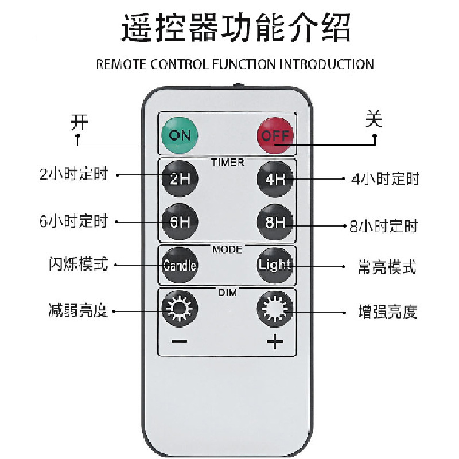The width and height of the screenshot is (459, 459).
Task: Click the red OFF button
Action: pyautogui.click(x=275, y=135)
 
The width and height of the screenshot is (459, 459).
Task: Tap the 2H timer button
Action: pyautogui.click(x=179, y=178)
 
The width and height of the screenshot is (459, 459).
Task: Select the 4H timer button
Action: pyautogui.click(x=275, y=178)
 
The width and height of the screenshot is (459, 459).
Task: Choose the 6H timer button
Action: pyautogui.click(x=179, y=221)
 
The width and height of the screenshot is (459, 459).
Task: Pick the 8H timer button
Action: pyautogui.click(x=275, y=221)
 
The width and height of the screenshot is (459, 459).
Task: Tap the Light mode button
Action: pyautogui.click(x=275, y=265)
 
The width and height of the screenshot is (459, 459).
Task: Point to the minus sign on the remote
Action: pyautogui.click(x=179, y=342)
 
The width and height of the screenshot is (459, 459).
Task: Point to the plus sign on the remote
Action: pyautogui.click(x=275, y=342)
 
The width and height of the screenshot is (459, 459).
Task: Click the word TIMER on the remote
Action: pyautogui.click(x=227, y=162)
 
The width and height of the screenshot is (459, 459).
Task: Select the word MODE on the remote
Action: pyautogui.click(x=227, y=250)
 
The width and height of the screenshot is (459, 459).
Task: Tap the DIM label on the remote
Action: pyautogui.click(x=227, y=293)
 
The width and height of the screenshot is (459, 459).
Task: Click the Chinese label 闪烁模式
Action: pyautogui.click(x=78, y=265)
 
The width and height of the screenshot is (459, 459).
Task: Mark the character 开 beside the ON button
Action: pyautogui.click(x=79, y=122)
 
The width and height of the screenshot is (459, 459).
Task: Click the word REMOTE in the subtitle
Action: pyautogui.click(x=121, y=64)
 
